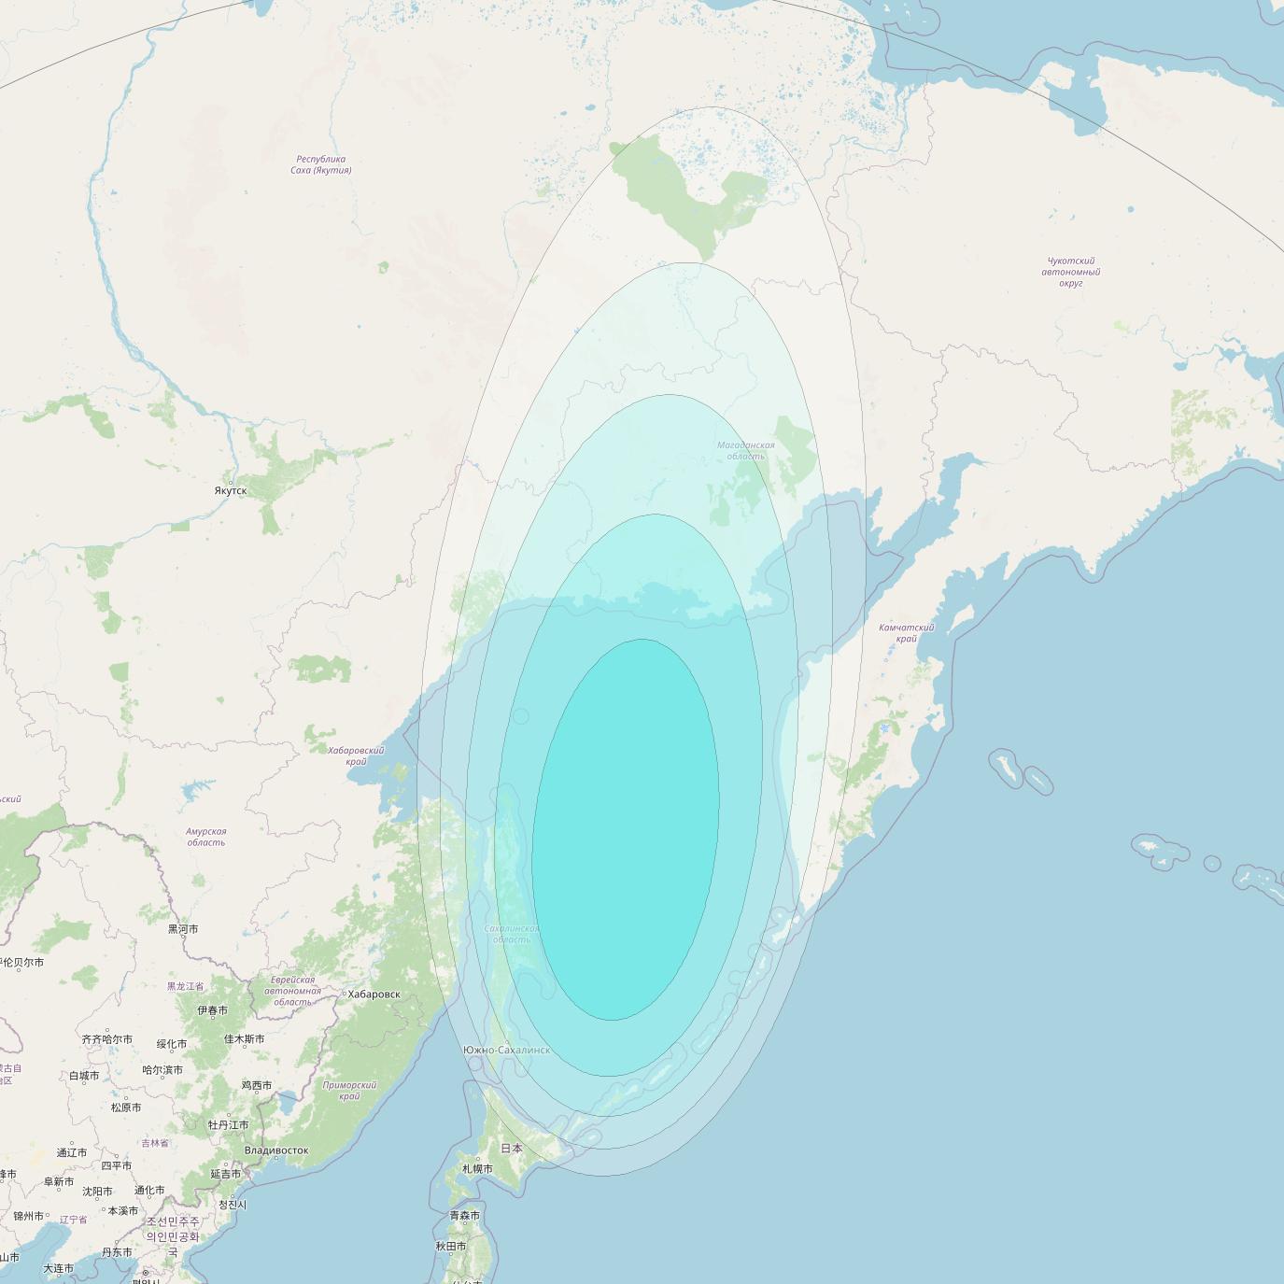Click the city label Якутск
(231, 490)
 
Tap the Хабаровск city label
(374, 995)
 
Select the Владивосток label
(275, 1150)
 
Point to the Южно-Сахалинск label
(506, 1051)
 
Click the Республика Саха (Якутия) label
(320, 165)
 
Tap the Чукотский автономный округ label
(1070, 272)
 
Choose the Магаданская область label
(745, 451)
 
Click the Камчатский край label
(906, 633)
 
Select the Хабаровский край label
(356, 755)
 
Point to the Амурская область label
(205, 837)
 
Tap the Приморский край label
(349, 1091)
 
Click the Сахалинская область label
(512, 934)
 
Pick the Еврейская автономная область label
(292, 991)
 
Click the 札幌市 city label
(477, 1169)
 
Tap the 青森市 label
(464, 1216)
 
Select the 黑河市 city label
(183, 929)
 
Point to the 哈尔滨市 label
(162, 1070)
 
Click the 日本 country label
(512, 1149)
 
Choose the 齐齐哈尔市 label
(106, 1039)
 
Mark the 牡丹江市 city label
(228, 1125)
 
